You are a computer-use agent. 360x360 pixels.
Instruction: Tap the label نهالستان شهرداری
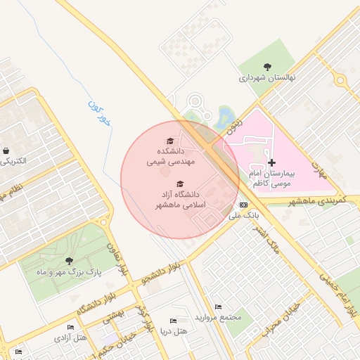pos(267,78)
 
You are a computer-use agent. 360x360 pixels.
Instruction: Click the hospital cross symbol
pos(272,162)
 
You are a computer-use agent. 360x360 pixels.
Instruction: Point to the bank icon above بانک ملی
pos(244,205)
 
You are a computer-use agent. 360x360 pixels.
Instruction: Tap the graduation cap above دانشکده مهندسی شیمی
pos(169,141)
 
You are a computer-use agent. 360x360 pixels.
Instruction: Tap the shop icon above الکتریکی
pos(6,150)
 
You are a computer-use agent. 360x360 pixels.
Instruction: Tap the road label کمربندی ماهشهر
pos(313,202)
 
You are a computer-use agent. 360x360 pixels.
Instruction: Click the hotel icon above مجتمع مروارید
pos(218,307)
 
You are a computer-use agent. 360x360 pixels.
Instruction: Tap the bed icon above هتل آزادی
pos(70,328)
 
